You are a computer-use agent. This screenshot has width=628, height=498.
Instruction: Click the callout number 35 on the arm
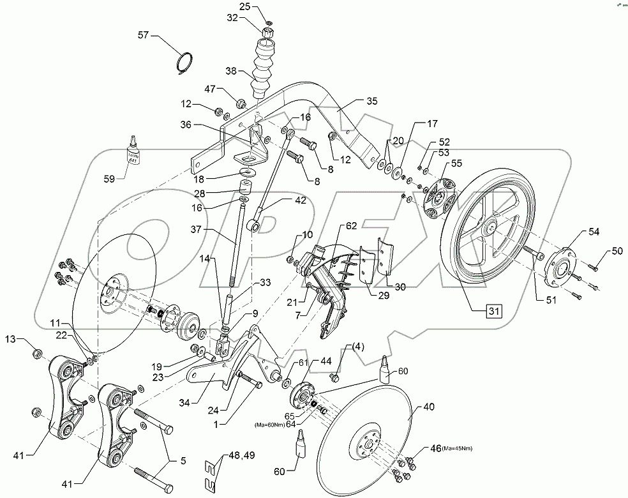[372, 101]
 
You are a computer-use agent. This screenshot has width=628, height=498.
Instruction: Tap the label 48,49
[241, 456]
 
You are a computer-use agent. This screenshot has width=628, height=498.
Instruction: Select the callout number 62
[352, 225]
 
